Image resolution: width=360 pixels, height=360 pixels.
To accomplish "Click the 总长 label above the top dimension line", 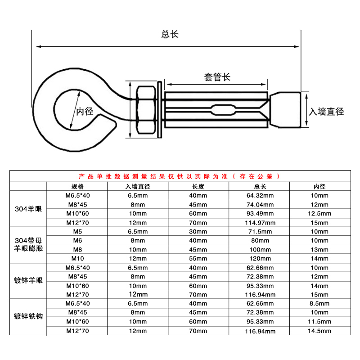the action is pyautogui.click(x=170, y=34).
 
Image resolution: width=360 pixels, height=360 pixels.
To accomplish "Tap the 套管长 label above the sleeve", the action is pyautogui.click(x=217, y=77).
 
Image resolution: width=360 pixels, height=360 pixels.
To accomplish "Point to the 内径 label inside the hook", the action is pyautogui.click(x=85, y=111).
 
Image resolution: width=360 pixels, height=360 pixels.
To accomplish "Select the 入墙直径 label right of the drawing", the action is pyautogui.click(x=326, y=112).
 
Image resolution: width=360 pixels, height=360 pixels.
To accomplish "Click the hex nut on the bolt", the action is pyautogui.click(x=146, y=110).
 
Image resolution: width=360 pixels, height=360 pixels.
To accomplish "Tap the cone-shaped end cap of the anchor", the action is pyautogui.click(x=285, y=110).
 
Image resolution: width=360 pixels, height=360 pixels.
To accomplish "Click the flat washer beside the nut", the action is pyautogui.click(x=160, y=109).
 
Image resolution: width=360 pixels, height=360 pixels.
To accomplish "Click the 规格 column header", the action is pyautogui.click(x=77, y=186).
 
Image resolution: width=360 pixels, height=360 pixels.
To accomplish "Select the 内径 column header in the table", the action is pyautogui.click(x=319, y=186).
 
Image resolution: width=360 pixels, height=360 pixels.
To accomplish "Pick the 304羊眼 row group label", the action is pyautogui.click(x=28, y=209).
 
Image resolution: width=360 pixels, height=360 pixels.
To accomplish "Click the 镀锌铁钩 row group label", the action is pyautogui.click(x=28, y=316).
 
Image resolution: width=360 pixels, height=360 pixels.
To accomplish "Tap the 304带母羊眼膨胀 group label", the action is pyautogui.click(x=28, y=244).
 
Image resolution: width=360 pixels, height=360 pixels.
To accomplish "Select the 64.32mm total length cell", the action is pyautogui.click(x=260, y=196).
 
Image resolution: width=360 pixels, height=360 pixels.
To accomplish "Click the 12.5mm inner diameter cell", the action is pyautogui.click(x=319, y=213).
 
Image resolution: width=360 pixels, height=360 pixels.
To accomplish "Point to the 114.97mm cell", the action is pyautogui.click(x=260, y=223).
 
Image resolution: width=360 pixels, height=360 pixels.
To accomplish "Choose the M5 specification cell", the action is pyautogui.click(x=77, y=231).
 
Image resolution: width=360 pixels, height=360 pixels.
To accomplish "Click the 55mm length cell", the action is pyautogui.click(x=198, y=258).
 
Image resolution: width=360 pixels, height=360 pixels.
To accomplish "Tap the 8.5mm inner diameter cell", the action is pyautogui.click(x=319, y=303).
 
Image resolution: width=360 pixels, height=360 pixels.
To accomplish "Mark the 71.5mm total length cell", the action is pyautogui.click(x=260, y=231).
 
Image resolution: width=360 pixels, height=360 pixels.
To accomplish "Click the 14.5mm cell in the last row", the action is pyautogui.click(x=319, y=331).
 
